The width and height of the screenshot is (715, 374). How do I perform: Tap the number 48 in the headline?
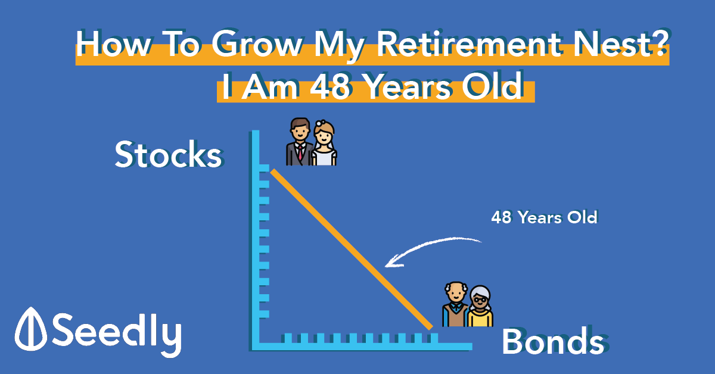pyautogui.click(x=329, y=86)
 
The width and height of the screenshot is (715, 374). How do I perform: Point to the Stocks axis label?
pyautogui.click(x=168, y=154)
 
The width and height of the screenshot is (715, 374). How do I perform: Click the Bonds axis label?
pyautogui.click(x=553, y=341)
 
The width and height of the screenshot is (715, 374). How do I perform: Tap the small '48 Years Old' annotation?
pyautogui.click(x=544, y=217)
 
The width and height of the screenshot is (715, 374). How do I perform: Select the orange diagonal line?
pyautogui.click(x=352, y=250)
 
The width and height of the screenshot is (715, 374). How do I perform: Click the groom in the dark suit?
pyautogui.click(x=299, y=142)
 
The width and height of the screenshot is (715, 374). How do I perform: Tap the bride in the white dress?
pyautogui.click(x=324, y=144)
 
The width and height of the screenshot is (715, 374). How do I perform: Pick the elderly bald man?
pyautogui.click(x=455, y=304)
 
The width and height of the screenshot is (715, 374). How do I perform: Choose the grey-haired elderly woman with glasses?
pyautogui.click(x=480, y=306)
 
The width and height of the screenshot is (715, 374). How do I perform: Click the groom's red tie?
pyautogui.click(x=300, y=152)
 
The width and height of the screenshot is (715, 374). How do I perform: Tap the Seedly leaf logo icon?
pyautogui.click(x=30, y=329)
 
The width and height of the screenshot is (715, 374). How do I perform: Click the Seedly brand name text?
pyautogui.click(x=117, y=334)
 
